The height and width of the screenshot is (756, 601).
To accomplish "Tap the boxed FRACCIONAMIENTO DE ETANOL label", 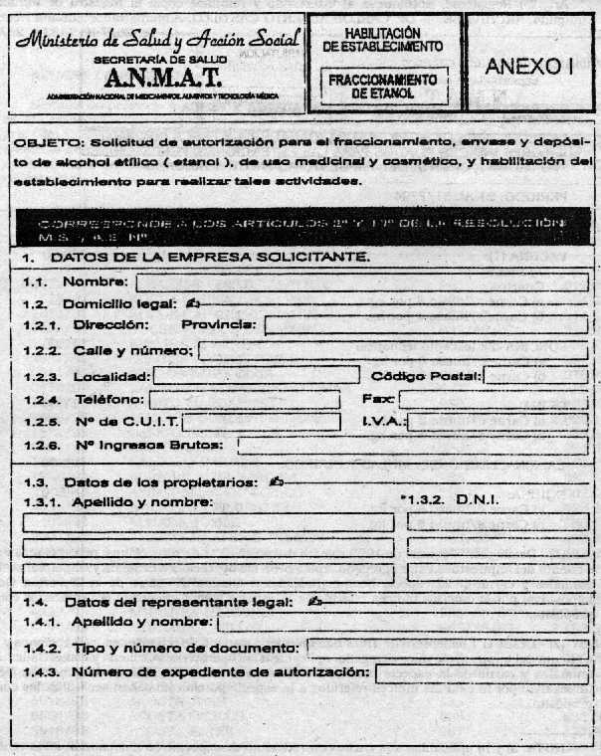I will point(383,86).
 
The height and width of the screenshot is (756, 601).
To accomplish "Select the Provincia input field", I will point(426,324).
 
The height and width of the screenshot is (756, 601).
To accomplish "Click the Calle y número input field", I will point(394,350).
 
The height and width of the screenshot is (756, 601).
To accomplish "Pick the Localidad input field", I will point(256,375).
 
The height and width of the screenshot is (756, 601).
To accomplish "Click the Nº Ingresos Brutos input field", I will point(412,446).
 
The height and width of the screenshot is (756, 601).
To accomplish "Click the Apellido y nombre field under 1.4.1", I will point(402,623).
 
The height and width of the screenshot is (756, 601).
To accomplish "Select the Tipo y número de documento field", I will point(447,649).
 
